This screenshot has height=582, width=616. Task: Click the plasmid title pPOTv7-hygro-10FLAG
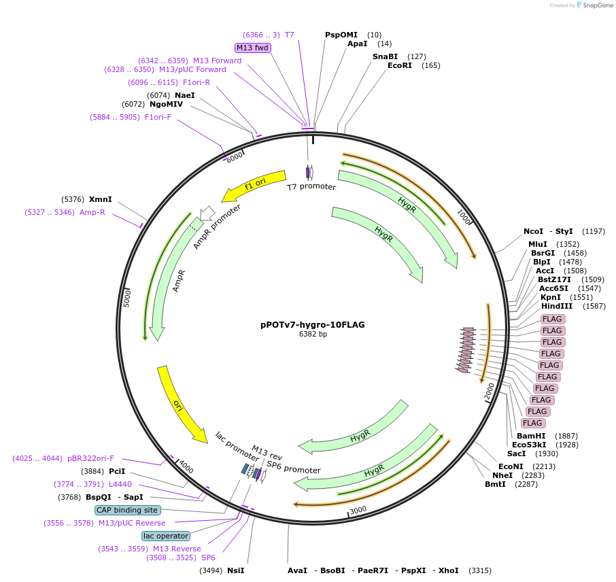pyautogui.click(x=312, y=324)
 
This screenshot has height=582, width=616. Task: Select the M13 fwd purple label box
pyautogui.click(x=253, y=48)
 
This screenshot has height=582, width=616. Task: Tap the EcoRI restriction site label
pyautogui.click(x=400, y=66)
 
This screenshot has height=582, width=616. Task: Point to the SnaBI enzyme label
pyautogui.click(x=385, y=56)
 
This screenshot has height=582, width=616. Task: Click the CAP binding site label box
pyautogui.click(x=128, y=510)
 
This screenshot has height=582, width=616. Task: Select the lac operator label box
pyautogui.click(x=166, y=536)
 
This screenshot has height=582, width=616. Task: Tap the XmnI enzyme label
pyautogui.click(x=101, y=200)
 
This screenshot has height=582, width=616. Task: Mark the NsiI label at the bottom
pyautogui.click(x=235, y=570)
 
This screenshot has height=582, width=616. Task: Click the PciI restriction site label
pyautogui.click(x=117, y=471)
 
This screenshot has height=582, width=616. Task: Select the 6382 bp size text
pyautogui.click(x=313, y=334)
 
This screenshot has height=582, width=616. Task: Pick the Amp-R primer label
pyautogui.click(x=92, y=212)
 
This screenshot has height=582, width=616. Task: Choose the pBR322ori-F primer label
pyautogui.click(x=90, y=458)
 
